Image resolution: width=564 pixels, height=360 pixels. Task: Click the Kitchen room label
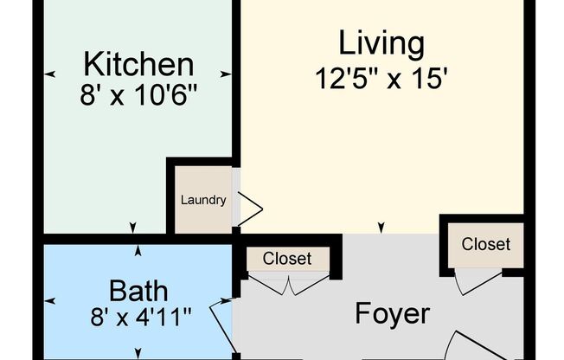pyautogui.click(x=138, y=64)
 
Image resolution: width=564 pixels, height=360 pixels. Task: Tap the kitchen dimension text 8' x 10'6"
pyautogui.click(x=138, y=93)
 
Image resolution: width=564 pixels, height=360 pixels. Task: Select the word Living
pyautogui.click(x=381, y=42)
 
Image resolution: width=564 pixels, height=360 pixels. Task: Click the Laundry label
pyautogui.click(x=203, y=201)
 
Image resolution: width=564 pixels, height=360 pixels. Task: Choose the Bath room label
pyautogui.click(x=138, y=289)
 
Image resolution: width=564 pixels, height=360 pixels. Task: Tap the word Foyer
pyautogui.click(x=392, y=313)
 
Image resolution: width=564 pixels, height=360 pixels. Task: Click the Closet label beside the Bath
pyautogui.click(x=286, y=258)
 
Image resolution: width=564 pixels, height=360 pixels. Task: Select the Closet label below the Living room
pyautogui.click(x=485, y=244)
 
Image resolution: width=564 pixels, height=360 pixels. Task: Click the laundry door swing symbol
pyautogui.click(x=250, y=209)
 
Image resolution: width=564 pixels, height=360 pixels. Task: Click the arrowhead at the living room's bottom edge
pyautogui.click(x=381, y=228)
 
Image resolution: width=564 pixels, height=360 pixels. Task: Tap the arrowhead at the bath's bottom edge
pyautogui.click(x=138, y=353)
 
